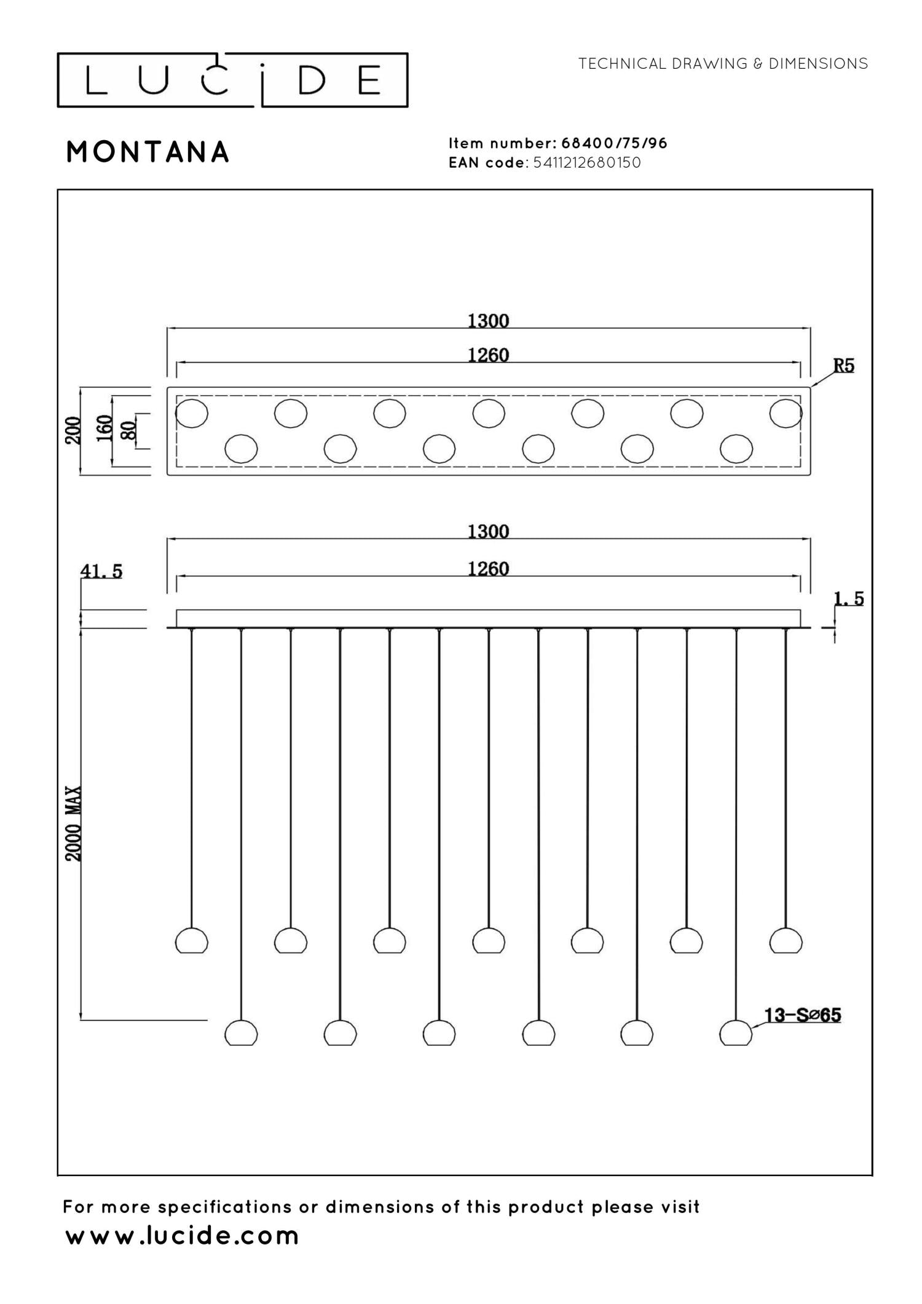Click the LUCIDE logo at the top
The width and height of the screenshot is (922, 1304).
click(232, 80)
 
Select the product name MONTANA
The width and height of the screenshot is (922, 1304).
click(148, 152)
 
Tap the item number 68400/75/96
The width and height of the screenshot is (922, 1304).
click(614, 143)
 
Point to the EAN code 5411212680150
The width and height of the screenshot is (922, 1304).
click(587, 163)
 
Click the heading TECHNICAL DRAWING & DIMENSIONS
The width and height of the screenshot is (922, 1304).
click(723, 63)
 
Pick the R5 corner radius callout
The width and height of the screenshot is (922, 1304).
click(843, 366)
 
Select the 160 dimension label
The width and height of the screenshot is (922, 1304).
click(105, 428)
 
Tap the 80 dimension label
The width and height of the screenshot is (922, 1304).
click(128, 430)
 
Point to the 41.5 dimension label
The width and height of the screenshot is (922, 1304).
click(101, 571)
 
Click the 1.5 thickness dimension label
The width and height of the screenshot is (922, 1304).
click(849, 598)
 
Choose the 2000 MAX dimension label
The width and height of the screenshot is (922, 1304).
click(74, 823)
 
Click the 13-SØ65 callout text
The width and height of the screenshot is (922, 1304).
click(802, 1015)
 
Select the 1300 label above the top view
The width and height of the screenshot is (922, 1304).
click(489, 321)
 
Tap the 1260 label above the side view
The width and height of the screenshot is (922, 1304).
click(489, 569)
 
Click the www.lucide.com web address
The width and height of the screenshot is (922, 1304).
click(182, 1236)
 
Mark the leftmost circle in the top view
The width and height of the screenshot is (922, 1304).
click(192, 413)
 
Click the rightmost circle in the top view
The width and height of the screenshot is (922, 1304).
click(786, 413)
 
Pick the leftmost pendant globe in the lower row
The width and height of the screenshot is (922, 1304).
click(241, 1032)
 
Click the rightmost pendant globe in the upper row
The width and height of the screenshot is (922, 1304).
click(786, 940)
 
